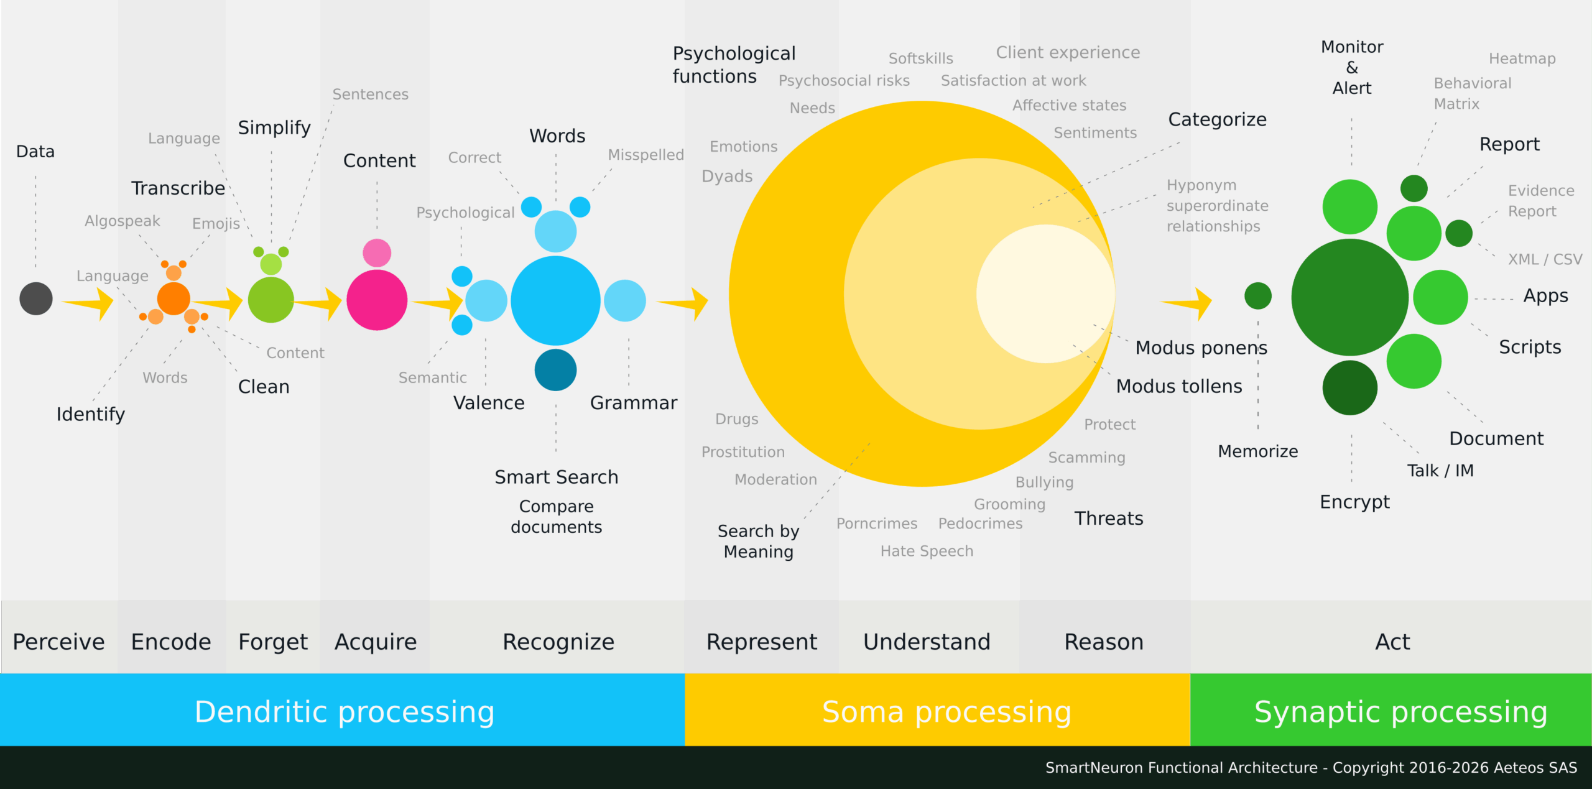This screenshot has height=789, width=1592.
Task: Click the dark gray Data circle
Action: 36,298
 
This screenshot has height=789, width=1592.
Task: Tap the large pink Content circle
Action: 377,300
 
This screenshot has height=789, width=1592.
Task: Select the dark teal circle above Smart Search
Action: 555,370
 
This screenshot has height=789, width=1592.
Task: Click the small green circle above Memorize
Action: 1257,295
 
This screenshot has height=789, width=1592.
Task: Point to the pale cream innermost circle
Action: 1045,293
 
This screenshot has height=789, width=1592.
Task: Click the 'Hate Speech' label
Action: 927,551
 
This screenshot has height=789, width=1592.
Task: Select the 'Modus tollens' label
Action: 1179,386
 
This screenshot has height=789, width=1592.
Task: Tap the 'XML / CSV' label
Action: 1545,259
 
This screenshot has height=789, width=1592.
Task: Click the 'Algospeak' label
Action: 123,221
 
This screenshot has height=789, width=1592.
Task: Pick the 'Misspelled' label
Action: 646,155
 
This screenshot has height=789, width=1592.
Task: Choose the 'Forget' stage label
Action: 273,642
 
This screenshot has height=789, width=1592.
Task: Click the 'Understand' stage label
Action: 927,642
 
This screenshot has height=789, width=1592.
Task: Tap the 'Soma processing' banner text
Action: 946,712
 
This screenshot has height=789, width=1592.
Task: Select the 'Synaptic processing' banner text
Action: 1400,712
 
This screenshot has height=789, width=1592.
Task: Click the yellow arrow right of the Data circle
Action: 90,303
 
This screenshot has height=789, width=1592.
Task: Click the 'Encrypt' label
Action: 1354,502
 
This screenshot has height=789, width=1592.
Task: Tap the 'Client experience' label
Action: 1068,52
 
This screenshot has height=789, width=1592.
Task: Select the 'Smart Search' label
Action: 556,477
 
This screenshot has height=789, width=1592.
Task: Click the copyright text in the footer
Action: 1311,768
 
